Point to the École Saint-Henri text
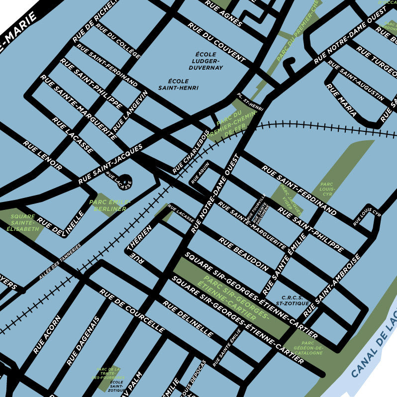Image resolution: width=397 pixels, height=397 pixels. click(x=178, y=84)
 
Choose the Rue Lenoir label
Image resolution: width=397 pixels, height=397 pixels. click(x=43, y=155)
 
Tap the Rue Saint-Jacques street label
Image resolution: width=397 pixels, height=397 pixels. click(x=110, y=164)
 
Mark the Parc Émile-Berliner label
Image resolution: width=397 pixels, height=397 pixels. click(x=109, y=205)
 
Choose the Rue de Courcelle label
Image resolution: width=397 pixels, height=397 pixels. click(x=132, y=311)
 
